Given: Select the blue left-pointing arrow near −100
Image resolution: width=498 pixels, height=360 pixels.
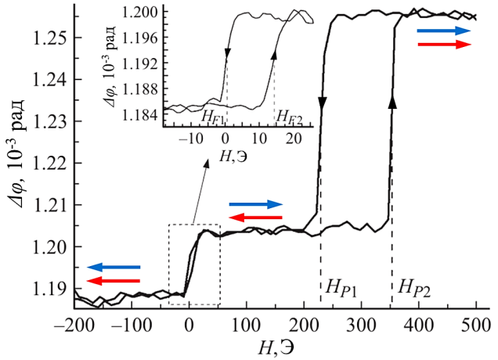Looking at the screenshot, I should point(114,268).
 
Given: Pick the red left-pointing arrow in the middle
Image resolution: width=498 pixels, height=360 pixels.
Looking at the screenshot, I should point(255,218).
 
